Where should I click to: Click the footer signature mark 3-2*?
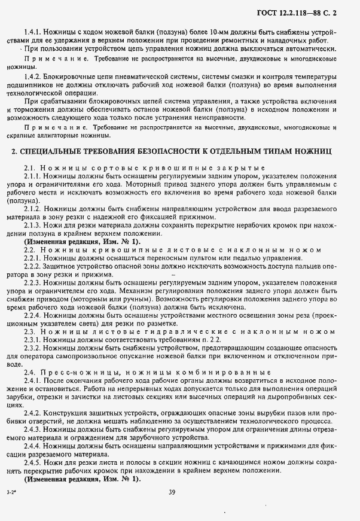click(x=12, y=492)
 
